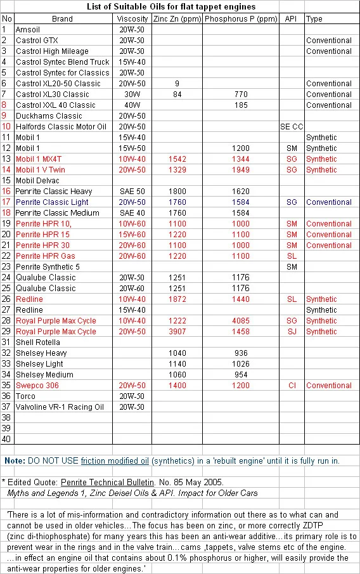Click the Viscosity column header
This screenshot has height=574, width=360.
(x=132, y=19)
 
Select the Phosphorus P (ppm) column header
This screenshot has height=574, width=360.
(x=240, y=19)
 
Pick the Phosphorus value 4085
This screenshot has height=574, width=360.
(x=240, y=321)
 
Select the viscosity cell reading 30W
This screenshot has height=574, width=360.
(x=132, y=95)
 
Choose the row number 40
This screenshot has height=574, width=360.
(x=7, y=440)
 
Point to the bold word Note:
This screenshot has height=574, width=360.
(x=15, y=461)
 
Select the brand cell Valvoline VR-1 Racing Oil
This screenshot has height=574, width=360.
(x=60, y=407)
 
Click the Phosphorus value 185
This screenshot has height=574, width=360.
(x=240, y=105)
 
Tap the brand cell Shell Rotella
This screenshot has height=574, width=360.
(x=38, y=342)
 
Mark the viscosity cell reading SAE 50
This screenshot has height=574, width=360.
(x=132, y=192)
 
